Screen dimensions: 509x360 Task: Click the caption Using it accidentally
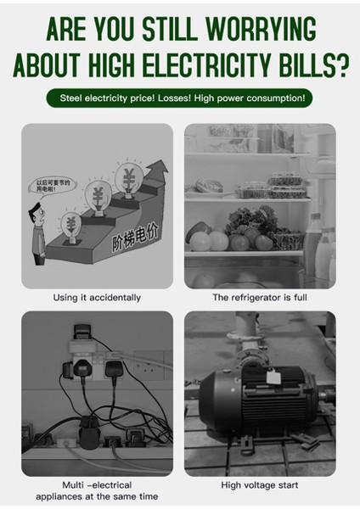[97, 298]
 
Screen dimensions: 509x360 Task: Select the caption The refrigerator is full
[259, 298]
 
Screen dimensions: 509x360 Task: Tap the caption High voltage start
[259, 485]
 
